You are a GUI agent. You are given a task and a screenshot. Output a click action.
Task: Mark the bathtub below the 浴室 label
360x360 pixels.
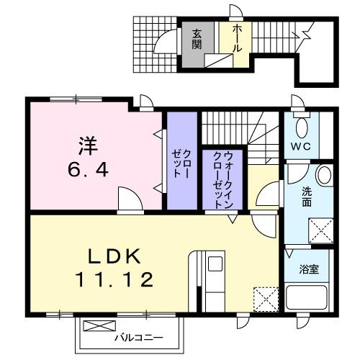click(309, 299)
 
